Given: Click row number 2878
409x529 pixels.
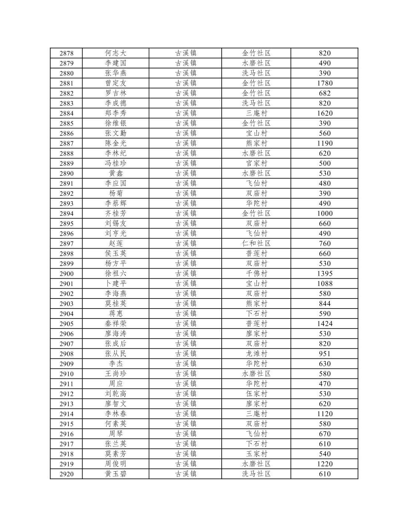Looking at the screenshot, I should pyautogui.click(x=66, y=53).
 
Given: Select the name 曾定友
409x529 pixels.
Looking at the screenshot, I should pyautogui.click(x=115, y=83).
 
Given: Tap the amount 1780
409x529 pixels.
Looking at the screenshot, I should pyautogui.click(x=324, y=83).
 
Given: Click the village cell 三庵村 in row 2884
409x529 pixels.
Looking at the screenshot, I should pyautogui.click(x=256, y=113).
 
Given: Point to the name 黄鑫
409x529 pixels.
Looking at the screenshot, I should pyautogui.click(x=115, y=173).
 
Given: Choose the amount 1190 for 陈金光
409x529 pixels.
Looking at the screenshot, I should pyautogui.click(x=324, y=143).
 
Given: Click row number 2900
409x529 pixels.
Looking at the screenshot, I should pyautogui.click(x=66, y=274).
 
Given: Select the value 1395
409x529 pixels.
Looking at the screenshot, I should pyautogui.click(x=324, y=274).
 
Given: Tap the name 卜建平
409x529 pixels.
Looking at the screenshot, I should pyautogui.click(x=115, y=284).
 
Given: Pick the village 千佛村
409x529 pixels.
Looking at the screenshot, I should pyautogui.click(x=256, y=274).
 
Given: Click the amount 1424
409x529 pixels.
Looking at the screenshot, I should pyautogui.click(x=324, y=324).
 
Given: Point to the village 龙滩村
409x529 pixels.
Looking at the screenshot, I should pyautogui.click(x=256, y=354).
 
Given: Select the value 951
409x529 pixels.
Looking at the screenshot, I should pyautogui.click(x=324, y=354).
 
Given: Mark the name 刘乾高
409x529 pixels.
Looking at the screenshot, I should pyautogui.click(x=115, y=394).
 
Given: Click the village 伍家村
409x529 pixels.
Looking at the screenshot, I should pyautogui.click(x=256, y=394).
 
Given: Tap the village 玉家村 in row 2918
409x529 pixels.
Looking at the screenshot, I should pyautogui.click(x=256, y=454).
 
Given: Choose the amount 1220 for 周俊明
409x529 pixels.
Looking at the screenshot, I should pyautogui.click(x=324, y=464).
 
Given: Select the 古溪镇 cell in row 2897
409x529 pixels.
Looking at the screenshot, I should pyautogui.click(x=185, y=243).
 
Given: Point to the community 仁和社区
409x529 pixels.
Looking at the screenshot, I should pyautogui.click(x=256, y=243).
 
